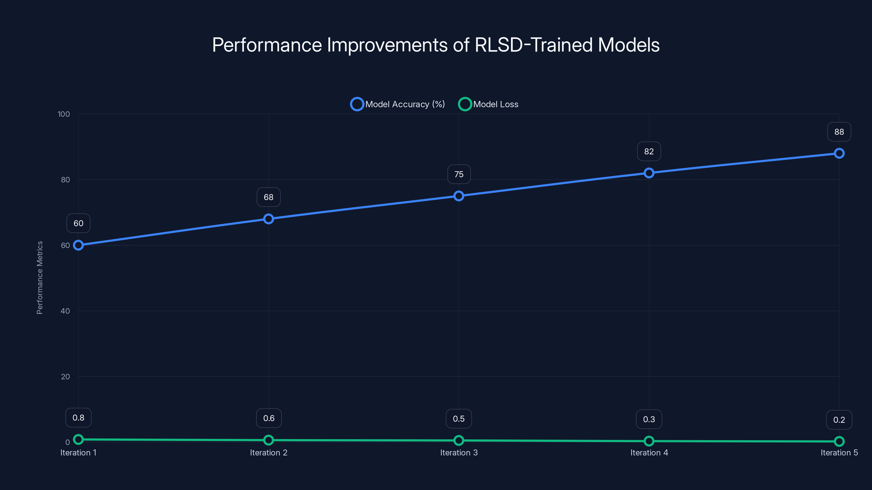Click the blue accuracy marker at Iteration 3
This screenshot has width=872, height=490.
click(459, 196)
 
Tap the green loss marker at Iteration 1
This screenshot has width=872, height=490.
click(78, 439)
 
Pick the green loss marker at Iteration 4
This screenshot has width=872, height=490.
click(649, 441)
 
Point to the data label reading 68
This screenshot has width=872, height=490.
click(268, 197)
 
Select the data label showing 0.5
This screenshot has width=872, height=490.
click(459, 419)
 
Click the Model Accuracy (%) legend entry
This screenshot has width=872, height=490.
click(398, 104)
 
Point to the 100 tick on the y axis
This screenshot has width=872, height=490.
click(64, 114)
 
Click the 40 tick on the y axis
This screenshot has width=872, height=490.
click(65, 311)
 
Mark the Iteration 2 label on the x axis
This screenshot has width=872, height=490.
click(268, 452)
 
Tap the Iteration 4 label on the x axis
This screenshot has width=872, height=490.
click(649, 452)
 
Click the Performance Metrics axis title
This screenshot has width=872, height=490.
click(40, 277)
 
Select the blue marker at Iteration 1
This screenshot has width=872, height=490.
click(78, 245)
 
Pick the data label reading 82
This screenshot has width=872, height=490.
click(649, 152)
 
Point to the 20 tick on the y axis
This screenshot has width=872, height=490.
click(65, 376)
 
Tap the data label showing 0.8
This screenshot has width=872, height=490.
click(78, 418)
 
